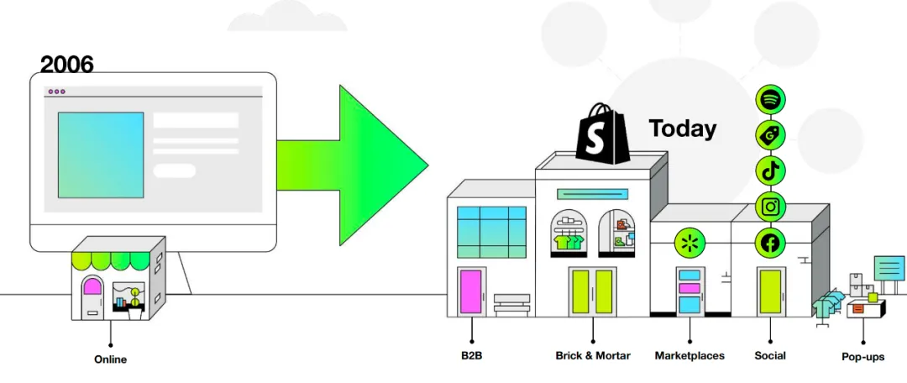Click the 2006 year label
(x=66, y=65)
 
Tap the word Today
(x=683, y=129)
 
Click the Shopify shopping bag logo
(x=602, y=134)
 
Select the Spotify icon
(x=770, y=99)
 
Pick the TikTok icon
(x=770, y=171)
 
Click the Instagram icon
(x=770, y=207)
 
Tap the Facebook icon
(x=770, y=243)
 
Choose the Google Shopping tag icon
(x=770, y=135)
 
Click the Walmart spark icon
(x=689, y=243)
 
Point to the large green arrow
(x=353, y=165)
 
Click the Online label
(x=111, y=359)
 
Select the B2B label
(x=471, y=355)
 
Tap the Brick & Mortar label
(x=593, y=355)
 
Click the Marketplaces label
(x=689, y=355)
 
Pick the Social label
(x=770, y=355)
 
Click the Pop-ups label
(x=863, y=357)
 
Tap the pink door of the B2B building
(x=471, y=291)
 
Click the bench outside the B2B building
(x=512, y=304)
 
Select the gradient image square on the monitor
(x=101, y=155)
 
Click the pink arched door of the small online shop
(x=92, y=294)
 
